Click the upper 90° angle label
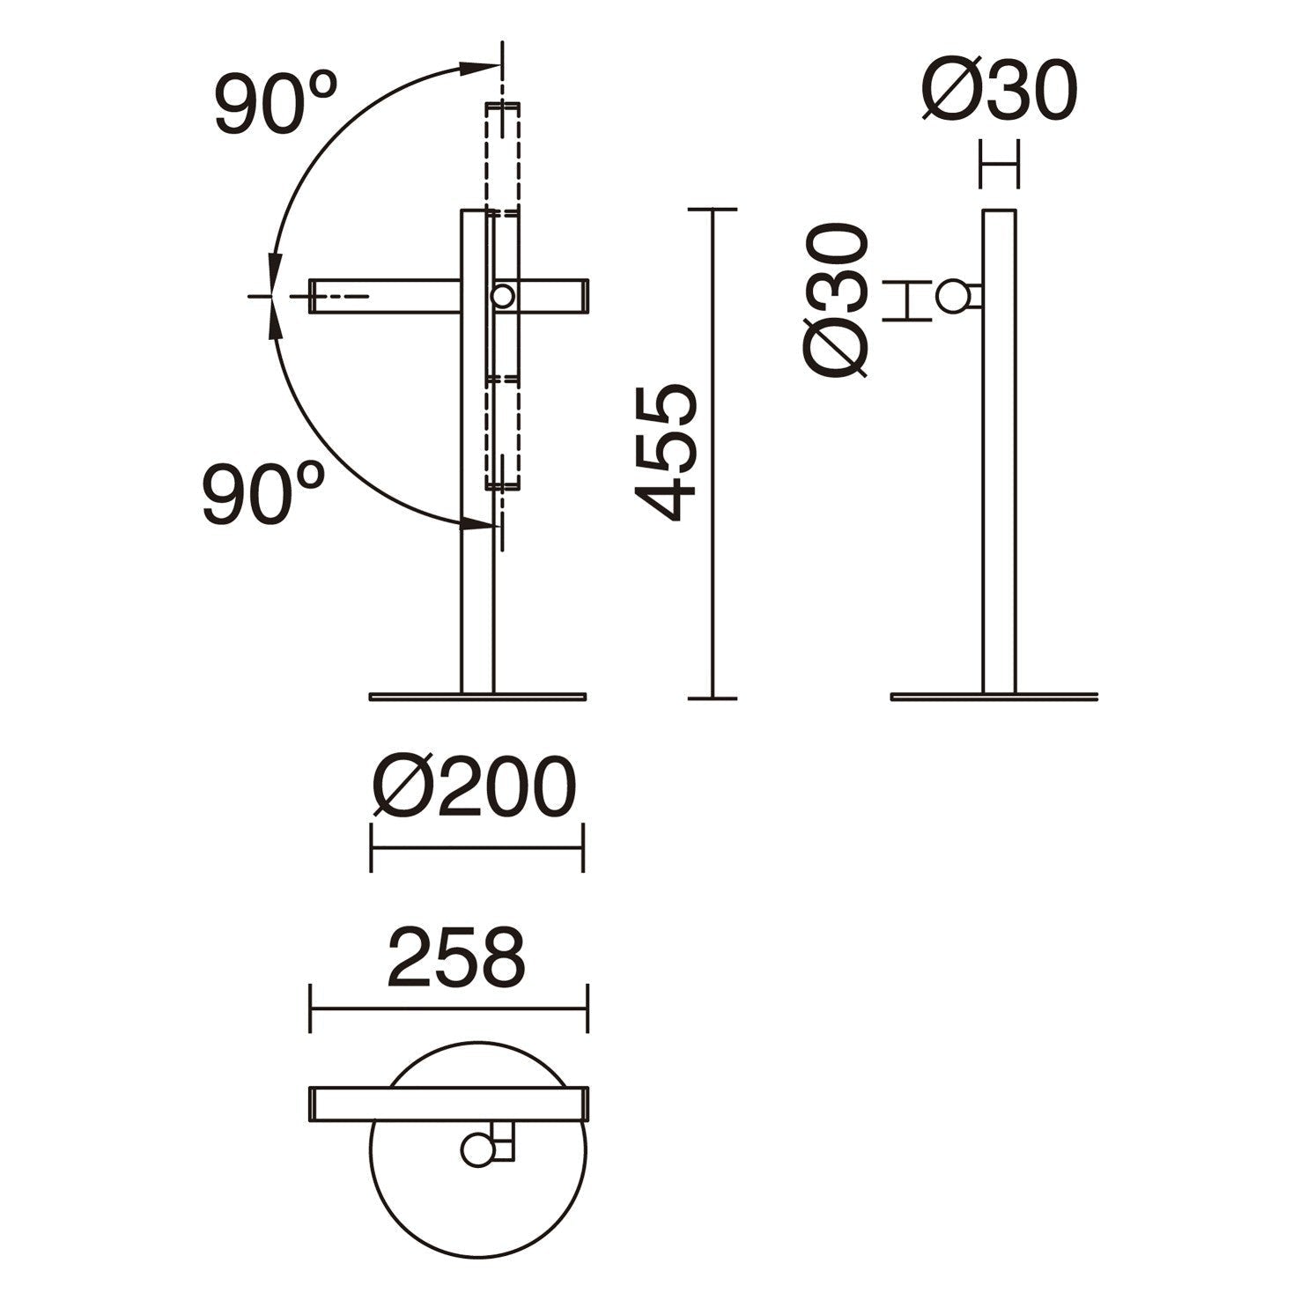pos(277,104)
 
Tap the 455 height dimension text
pos(667,451)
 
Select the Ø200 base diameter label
pos(474,787)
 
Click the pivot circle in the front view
pos(503,297)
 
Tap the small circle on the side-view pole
pos(951,297)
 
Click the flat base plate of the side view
pos(994,697)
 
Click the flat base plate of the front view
pos(477,697)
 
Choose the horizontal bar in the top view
pos(449,1103)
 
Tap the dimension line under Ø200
pos(476,848)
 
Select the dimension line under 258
pos(449,1008)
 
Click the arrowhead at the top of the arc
pos(480,65)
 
